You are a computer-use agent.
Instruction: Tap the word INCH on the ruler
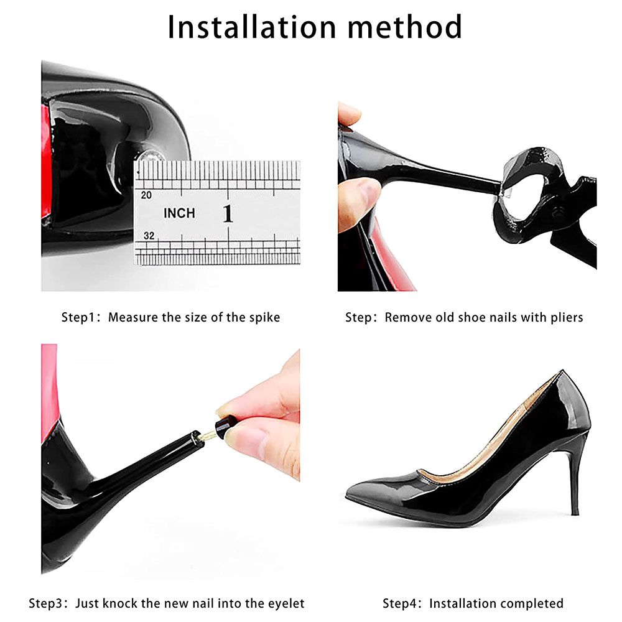point(179,213)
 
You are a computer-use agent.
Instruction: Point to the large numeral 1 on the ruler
point(228,213)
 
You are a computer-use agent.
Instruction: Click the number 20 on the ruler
point(147,195)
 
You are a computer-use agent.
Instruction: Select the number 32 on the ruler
point(148,236)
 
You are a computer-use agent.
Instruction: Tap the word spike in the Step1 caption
point(263,317)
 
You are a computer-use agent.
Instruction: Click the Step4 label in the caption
point(401,603)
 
